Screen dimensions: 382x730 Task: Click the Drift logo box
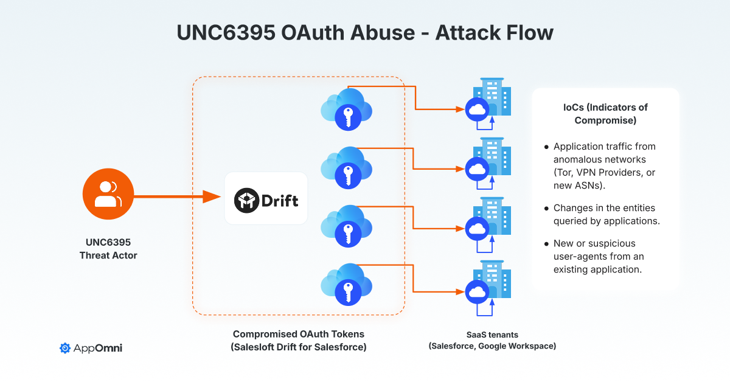pos(266,198)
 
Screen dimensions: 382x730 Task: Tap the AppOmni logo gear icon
pos(65,348)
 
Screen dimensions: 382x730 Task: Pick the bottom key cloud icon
pos(346,285)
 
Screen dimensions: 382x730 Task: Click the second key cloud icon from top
pos(346,168)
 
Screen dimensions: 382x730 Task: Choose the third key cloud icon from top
pos(346,226)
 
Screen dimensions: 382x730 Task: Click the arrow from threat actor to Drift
pos(176,196)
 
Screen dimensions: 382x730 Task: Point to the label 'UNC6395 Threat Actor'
pos(108,249)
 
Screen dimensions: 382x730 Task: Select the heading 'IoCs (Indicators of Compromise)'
pos(605,114)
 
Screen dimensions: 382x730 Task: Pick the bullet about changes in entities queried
pos(606,214)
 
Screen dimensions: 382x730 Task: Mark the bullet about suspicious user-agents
pos(599,255)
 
